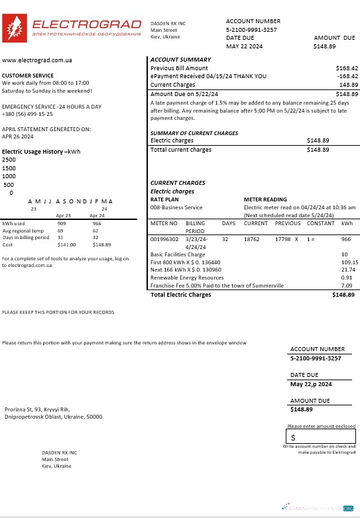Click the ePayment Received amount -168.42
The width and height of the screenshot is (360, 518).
coord(347,77)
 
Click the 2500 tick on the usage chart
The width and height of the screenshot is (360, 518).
coord(9,160)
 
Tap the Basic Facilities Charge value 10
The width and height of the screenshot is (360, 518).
coord(344,254)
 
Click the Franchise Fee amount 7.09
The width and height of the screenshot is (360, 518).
coord(346,285)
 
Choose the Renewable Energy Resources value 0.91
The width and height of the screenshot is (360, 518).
coord(346,278)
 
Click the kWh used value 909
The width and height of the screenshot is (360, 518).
coord(62,224)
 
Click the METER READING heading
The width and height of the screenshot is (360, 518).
coord(265,199)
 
